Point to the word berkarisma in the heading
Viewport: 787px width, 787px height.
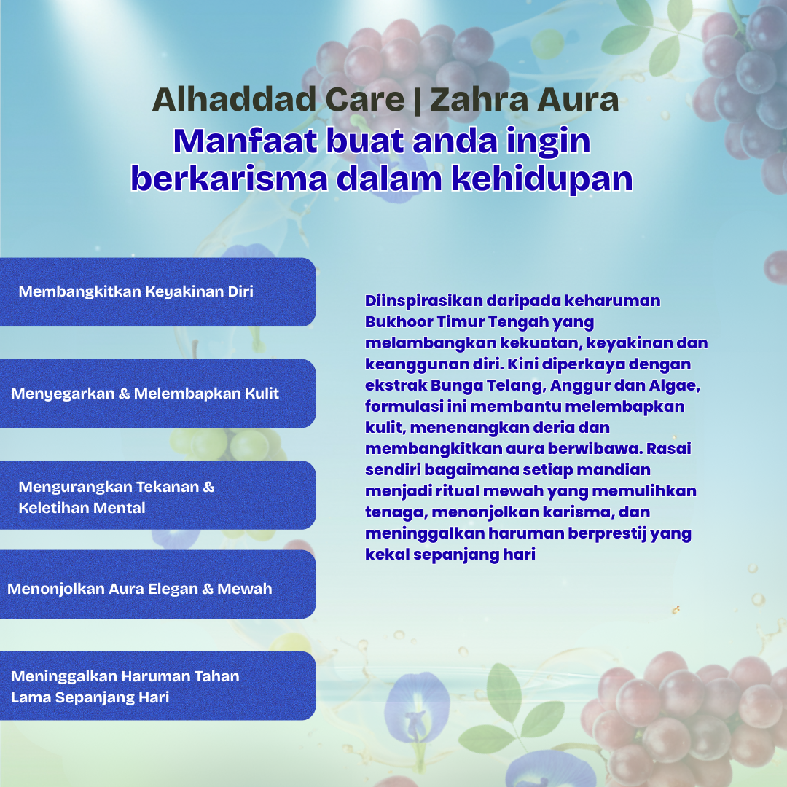click(229, 179)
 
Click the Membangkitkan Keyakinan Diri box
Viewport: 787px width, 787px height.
click(157, 291)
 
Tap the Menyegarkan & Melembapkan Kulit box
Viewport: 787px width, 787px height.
click(157, 393)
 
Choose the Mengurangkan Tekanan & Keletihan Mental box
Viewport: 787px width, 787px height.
click(157, 496)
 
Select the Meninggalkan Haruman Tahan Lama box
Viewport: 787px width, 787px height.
click(157, 686)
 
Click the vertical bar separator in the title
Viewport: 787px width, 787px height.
click(418, 101)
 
